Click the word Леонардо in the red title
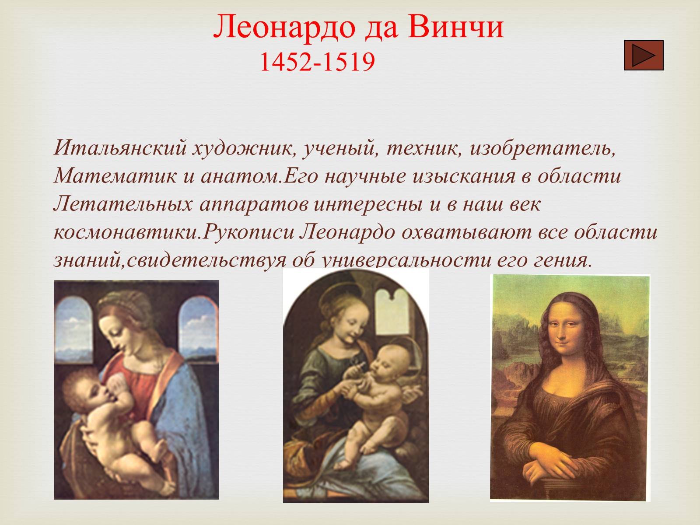(x=285, y=27)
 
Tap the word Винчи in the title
(x=456, y=27)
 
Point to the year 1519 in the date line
(x=349, y=61)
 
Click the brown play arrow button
(x=644, y=55)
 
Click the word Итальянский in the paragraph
(x=120, y=148)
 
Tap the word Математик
(x=115, y=176)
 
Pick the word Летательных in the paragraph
(x=123, y=204)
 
